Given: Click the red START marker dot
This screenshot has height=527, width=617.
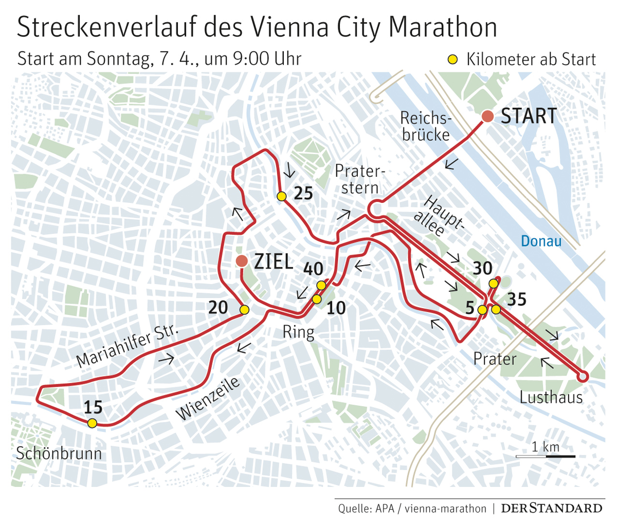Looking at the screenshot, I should (x=487, y=117).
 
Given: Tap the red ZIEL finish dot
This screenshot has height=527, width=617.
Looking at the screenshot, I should (x=241, y=261).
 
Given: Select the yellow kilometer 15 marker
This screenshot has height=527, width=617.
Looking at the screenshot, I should (x=92, y=423).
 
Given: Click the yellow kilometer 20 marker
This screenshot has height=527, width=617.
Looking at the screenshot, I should (x=244, y=310).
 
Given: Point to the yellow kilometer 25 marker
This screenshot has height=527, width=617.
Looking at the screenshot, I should (x=281, y=196).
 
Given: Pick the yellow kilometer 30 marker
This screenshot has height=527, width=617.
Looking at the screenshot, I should (x=493, y=284).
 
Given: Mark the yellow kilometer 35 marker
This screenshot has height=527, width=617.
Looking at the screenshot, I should (x=496, y=309).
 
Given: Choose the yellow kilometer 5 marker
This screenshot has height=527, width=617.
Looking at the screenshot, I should (x=482, y=310).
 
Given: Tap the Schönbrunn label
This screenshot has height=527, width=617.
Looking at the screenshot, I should (x=59, y=454).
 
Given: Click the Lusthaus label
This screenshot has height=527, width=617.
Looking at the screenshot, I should (x=551, y=397).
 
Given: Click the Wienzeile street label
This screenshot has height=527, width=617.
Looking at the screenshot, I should (x=208, y=399).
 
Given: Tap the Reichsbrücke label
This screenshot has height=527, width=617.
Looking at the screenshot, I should (x=426, y=126).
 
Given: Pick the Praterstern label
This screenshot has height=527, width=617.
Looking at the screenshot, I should (x=359, y=179).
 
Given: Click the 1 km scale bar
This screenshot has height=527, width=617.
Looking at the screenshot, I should (x=546, y=456).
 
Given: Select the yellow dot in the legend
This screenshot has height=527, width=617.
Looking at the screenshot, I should (x=452, y=60).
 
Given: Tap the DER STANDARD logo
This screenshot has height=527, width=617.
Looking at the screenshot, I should (x=551, y=509).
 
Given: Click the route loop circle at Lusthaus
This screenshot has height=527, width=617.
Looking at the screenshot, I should (x=583, y=377).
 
